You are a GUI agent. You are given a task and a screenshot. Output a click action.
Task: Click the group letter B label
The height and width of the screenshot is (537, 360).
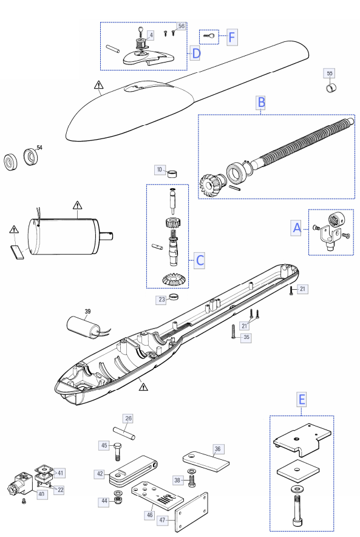261,103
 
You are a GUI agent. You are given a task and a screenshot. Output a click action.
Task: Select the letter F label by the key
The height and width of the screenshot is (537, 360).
232,37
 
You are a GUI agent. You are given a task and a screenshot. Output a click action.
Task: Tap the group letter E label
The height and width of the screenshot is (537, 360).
302,400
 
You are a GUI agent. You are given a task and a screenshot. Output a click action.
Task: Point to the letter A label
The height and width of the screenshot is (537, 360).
297,228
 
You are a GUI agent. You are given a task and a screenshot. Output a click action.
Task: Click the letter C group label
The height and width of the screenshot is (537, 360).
200,260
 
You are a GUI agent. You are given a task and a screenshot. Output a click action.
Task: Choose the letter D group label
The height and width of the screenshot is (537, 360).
195,53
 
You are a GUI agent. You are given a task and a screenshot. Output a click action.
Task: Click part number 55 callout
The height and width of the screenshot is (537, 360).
329,74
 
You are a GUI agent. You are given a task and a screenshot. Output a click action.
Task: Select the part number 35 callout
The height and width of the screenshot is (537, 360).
246,337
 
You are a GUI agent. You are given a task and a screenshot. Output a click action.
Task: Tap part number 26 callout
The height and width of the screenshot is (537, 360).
128,418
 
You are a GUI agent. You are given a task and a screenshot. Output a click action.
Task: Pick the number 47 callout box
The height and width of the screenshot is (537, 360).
162,520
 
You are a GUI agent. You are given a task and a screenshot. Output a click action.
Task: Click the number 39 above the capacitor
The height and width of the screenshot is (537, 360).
87,311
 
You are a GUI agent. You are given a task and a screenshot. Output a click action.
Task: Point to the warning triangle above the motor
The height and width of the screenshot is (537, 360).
78,205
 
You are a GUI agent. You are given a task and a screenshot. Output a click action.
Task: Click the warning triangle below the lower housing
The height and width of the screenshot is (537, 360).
143,387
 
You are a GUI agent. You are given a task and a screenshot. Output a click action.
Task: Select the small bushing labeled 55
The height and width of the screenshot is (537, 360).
331,87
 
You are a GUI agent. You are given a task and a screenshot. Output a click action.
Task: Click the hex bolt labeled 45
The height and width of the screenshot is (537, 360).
117,451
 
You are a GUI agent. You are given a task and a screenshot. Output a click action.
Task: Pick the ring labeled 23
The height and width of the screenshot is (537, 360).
174,296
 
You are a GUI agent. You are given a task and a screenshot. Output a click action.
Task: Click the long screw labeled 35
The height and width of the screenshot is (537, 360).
233,331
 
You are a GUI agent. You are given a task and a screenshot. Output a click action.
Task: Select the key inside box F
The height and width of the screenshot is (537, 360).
209,36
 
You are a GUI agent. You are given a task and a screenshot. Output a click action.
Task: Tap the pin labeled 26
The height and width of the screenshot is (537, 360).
124,433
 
